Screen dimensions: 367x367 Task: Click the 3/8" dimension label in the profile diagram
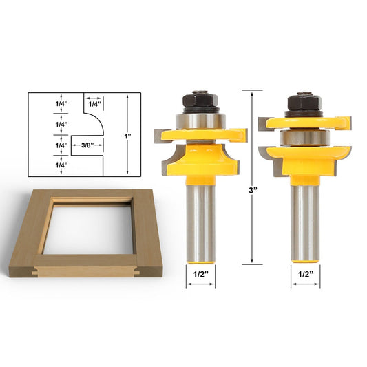coord(87,145)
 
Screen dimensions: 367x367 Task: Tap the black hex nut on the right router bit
coord(303,103)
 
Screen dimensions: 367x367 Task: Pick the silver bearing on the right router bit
coord(303,136)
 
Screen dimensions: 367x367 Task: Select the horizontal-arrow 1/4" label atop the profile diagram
coord(94,103)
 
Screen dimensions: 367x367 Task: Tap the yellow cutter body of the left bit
coord(201,155)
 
